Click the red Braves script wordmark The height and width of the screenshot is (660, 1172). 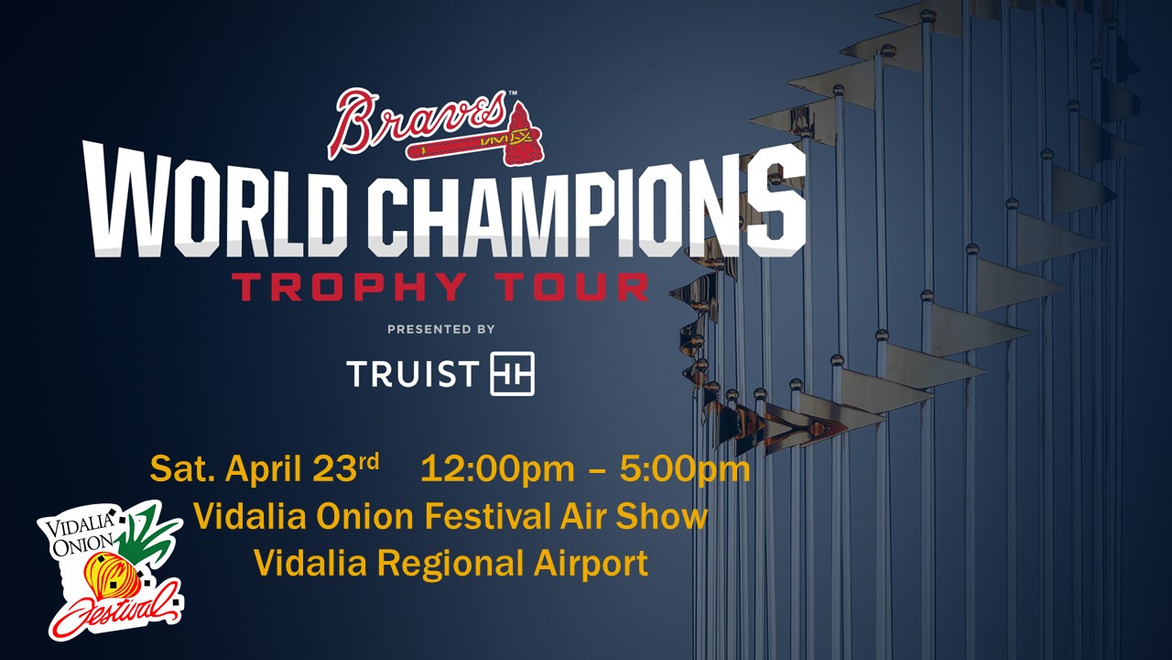click(418, 123)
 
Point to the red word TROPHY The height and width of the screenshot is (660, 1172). click(349, 286)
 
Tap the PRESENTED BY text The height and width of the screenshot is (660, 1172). click(441, 329)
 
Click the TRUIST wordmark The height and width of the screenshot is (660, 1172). click(412, 373)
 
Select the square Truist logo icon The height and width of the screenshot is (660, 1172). click(512, 373)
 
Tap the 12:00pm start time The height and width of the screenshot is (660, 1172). click(497, 469)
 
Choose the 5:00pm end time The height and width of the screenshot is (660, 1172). click(685, 469)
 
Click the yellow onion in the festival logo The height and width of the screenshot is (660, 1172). click(112, 577)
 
